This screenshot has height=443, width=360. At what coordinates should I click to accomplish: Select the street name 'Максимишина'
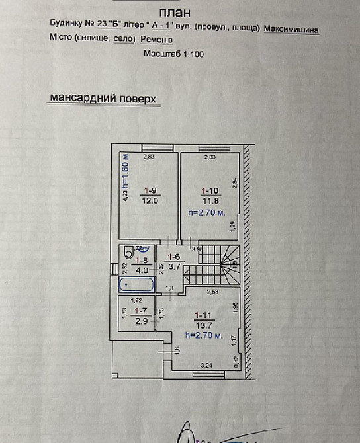click(x=291, y=29)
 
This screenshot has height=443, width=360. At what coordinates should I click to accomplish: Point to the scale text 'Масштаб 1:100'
click(x=173, y=54)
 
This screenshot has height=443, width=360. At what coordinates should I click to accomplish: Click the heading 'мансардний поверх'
click(x=103, y=99)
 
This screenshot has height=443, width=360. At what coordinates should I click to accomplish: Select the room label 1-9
click(x=151, y=192)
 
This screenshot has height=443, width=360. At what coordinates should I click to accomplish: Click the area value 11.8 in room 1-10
click(x=210, y=201)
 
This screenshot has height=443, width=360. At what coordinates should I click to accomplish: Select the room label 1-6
click(x=174, y=257)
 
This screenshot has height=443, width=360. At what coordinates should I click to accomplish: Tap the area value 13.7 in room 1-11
click(x=202, y=325)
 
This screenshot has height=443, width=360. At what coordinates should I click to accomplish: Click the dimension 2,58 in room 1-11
click(x=212, y=292)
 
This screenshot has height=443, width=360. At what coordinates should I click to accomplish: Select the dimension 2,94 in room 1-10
click(x=234, y=181)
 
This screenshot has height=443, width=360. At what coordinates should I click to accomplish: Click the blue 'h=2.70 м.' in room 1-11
click(x=206, y=336)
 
